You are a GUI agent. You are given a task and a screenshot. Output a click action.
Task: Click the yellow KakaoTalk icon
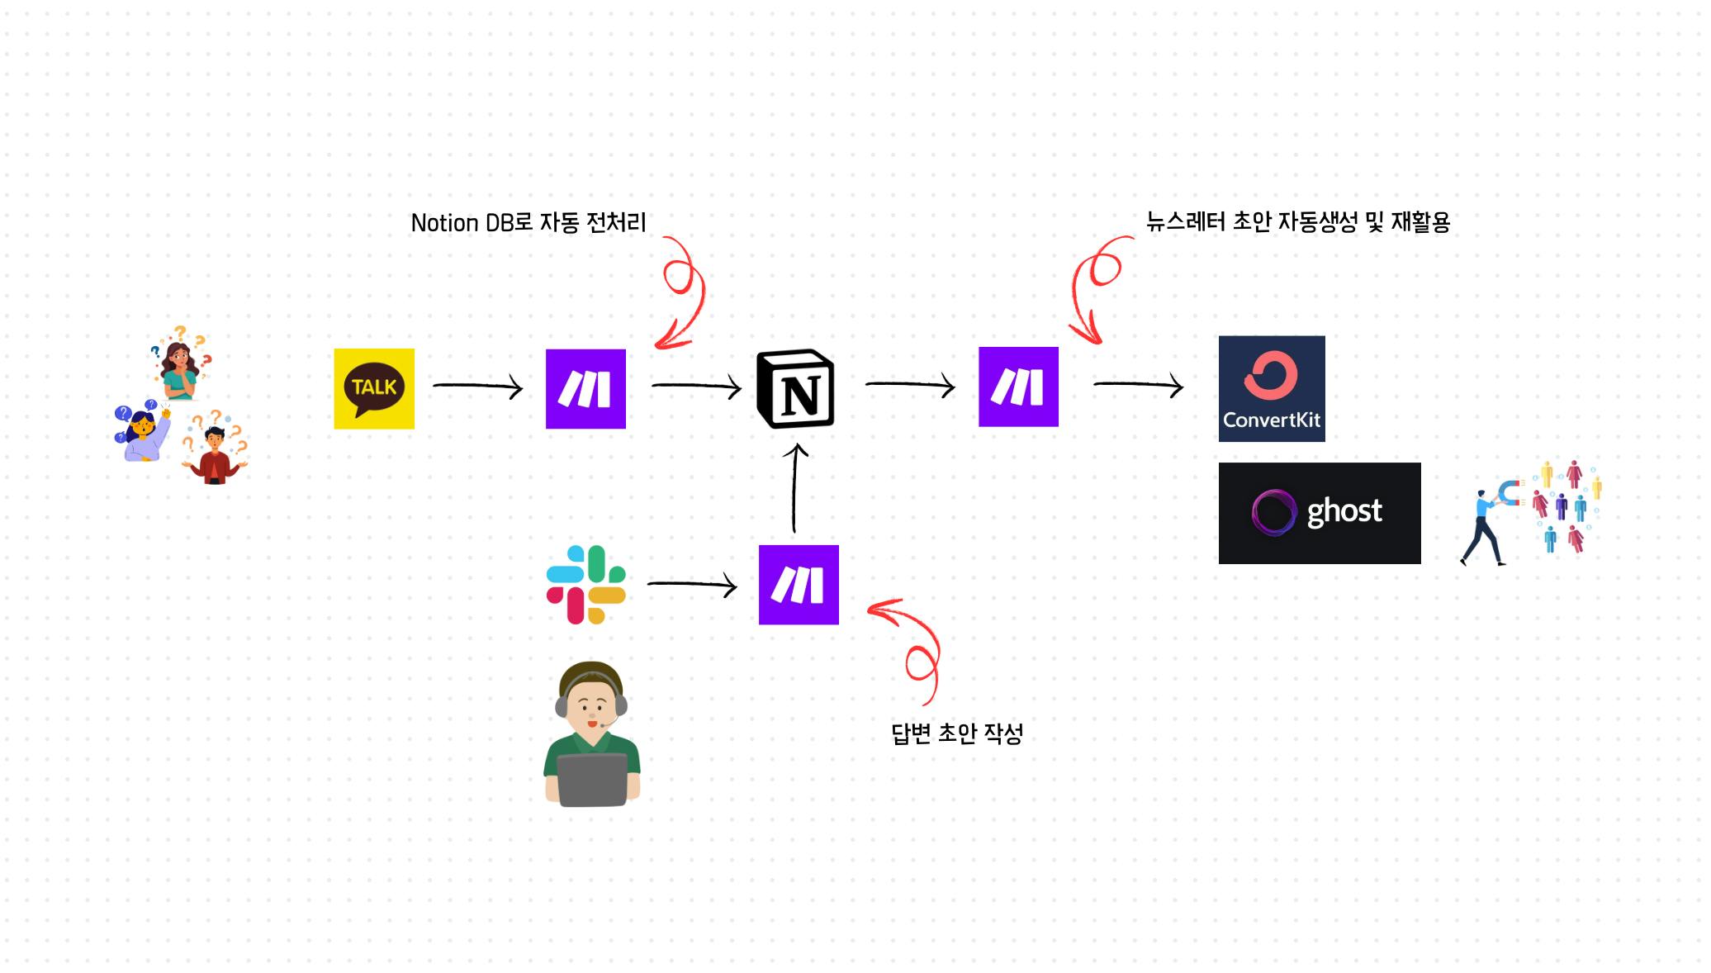tap(374, 388)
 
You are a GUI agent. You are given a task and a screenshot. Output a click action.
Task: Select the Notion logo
tap(795, 389)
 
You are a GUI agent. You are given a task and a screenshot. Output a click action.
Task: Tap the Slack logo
tap(586, 585)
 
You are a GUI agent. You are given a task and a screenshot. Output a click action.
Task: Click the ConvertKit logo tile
tap(1272, 388)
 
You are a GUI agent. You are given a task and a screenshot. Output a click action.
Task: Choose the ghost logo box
tap(1320, 513)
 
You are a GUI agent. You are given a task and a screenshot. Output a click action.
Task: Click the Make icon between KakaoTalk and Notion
tap(585, 388)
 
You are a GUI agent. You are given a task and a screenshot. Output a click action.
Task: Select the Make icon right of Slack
tap(799, 585)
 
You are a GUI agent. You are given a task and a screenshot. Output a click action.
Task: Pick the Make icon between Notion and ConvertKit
tap(1018, 387)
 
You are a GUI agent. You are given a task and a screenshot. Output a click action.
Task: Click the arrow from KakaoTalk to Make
tap(478, 386)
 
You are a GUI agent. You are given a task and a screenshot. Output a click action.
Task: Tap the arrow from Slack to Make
tap(692, 585)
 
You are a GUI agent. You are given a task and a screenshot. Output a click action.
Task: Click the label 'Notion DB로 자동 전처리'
tap(528, 223)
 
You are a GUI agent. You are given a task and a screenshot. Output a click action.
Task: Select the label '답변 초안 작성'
tap(957, 733)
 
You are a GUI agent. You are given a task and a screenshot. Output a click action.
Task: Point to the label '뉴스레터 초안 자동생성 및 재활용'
tap(1298, 221)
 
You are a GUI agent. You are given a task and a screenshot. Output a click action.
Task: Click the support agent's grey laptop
tap(592, 780)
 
